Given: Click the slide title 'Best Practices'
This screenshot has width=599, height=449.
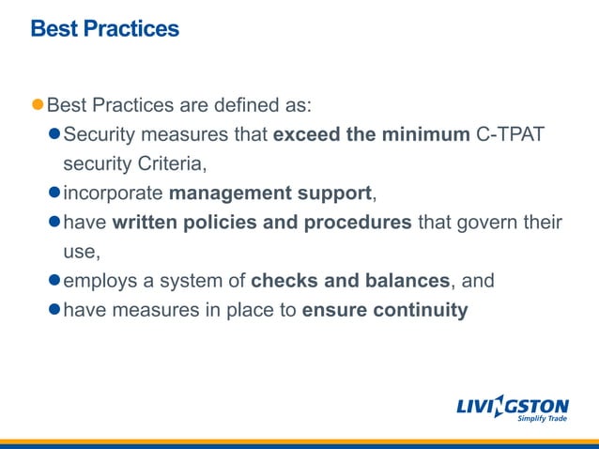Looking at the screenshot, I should click(104, 29).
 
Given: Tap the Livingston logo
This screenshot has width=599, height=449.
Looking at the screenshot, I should click(512, 406).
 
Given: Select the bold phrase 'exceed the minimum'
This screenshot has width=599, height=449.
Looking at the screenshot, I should click(371, 133).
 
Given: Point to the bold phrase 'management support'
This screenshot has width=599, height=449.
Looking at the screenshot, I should click(270, 194).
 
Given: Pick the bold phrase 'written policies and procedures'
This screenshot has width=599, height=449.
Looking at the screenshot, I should click(262, 223).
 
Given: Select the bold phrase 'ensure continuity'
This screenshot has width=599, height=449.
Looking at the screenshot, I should click(385, 310).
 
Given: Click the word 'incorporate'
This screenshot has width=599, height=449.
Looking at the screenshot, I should click(113, 194).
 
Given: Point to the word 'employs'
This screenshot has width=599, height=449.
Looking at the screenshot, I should click(97, 280).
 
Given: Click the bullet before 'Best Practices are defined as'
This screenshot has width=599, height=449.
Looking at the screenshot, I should click(38, 103).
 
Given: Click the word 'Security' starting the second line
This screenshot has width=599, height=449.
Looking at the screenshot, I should click(99, 133).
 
